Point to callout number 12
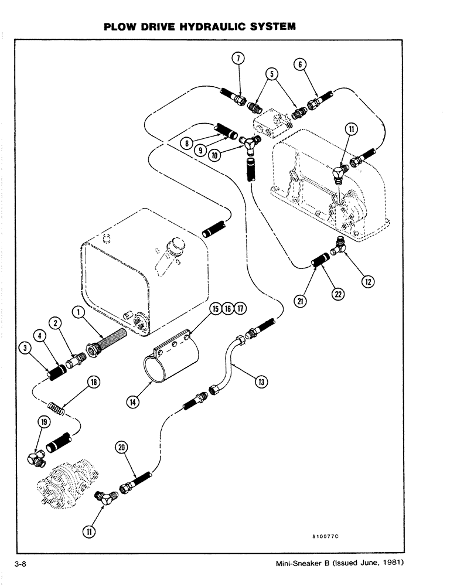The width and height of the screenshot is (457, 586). click(367, 282)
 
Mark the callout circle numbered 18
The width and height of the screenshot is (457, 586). click(92, 382)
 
